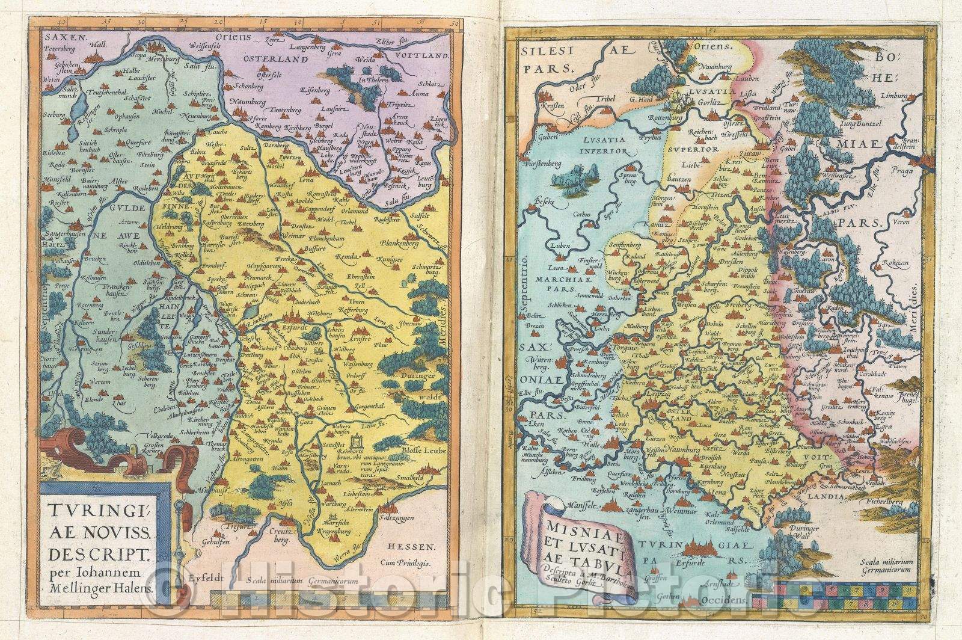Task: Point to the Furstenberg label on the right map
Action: point(541,180)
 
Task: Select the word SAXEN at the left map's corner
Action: point(57,37)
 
